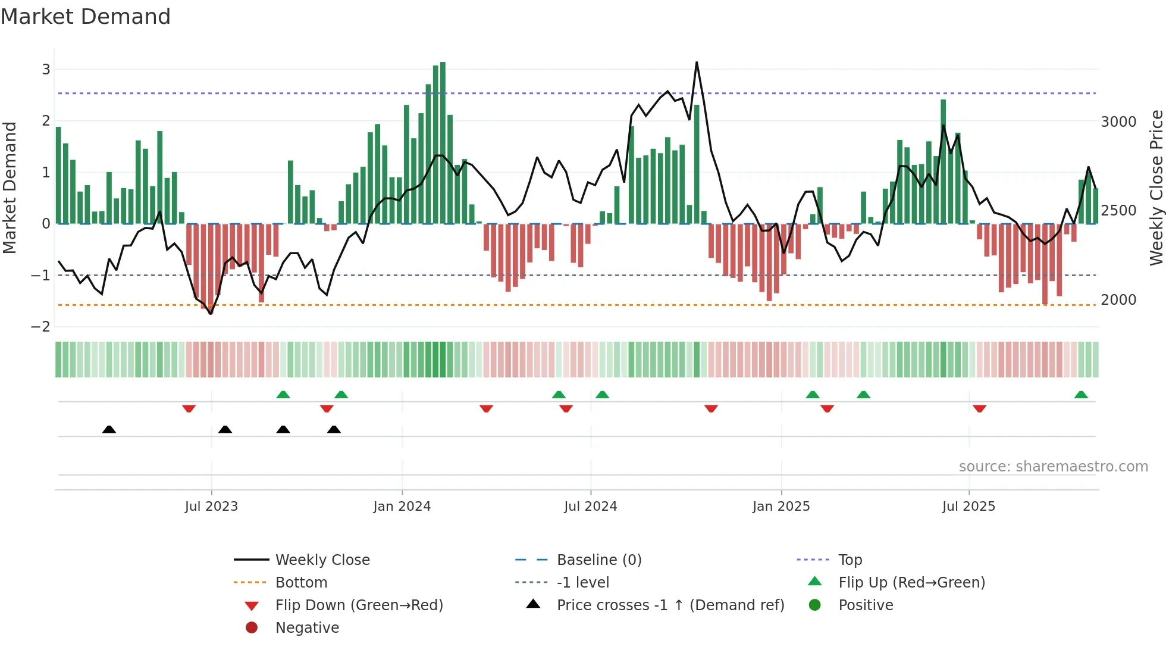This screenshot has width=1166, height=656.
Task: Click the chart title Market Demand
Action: click(86, 16)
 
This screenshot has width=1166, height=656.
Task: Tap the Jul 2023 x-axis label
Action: click(211, 507)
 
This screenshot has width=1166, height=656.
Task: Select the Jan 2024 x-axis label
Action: click(402, 507)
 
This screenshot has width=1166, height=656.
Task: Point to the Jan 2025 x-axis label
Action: click(781, 507)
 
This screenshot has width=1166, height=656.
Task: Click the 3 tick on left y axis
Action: click(46, 70)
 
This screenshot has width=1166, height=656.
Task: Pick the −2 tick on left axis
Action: click(41, 327)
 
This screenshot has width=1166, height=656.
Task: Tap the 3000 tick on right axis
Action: click(1118, 122)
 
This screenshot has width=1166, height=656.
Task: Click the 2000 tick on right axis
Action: click(1118, 300)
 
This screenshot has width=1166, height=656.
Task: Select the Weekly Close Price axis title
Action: click(1156, 188)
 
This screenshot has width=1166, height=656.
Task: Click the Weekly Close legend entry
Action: click(322, 560)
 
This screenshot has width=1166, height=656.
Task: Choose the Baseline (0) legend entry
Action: click(598, 560)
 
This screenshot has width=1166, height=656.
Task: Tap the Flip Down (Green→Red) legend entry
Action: click(359, 605)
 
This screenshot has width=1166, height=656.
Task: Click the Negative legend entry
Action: click(307, 628)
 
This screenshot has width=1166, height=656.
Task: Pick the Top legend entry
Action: click(850, 560)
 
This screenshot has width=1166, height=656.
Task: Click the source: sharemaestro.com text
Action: click(1053, 467)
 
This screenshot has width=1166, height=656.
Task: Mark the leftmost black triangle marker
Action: click(109, 429)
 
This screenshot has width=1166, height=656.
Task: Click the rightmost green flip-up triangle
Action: click(1081, 395)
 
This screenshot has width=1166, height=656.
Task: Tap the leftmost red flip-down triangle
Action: click(189, 408)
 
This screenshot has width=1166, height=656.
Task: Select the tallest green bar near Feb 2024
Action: click(443, 143)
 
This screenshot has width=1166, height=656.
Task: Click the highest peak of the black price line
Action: click(697, 63)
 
